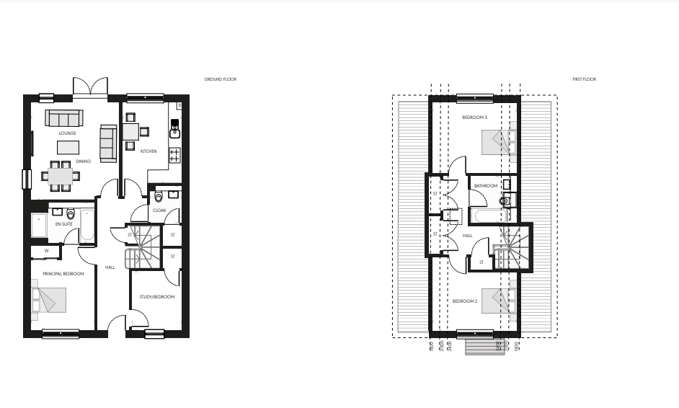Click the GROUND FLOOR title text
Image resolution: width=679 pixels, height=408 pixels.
[221, 79]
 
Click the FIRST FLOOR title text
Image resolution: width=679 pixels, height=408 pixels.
[585, 79]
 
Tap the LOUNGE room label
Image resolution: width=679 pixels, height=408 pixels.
[68, 133]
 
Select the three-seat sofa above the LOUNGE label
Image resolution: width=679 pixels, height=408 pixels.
[64, 117]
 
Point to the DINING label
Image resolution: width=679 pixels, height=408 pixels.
[83, 161]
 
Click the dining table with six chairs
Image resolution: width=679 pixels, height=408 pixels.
[61, 175]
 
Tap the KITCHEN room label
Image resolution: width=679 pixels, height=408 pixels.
[149, 151]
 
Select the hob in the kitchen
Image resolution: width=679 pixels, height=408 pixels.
[174, 154]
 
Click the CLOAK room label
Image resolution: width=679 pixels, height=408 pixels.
[159, 210]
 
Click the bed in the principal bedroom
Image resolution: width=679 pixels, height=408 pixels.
[48, 300]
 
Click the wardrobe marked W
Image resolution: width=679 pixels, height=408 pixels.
[46, 252]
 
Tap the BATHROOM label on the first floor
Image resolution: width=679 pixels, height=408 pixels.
[485, 186]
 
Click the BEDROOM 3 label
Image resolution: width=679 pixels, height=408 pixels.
[475, 117]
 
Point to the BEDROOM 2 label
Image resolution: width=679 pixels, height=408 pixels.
[465, 301]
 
